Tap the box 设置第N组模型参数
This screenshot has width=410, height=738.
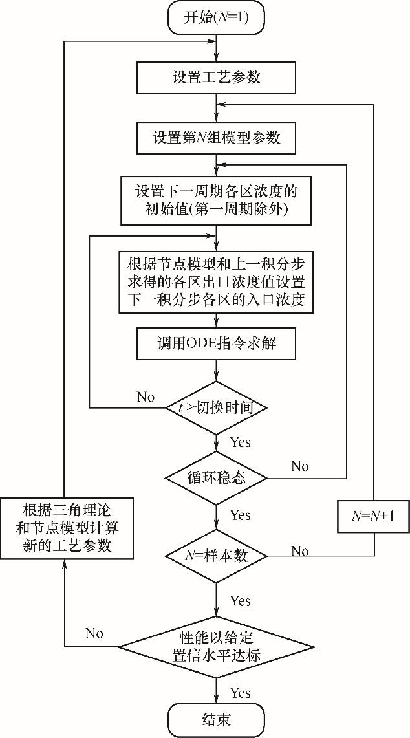(x=217, y=138)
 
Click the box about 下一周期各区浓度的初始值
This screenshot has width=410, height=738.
(x=217, y=201)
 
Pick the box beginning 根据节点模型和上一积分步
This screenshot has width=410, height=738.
(x=217, y=283)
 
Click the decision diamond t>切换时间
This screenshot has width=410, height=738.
(x=217, y=408)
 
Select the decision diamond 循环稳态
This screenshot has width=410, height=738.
(x=217, y=479)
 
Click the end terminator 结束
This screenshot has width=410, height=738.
(x=217, y=719)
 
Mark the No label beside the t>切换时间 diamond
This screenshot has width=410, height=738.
(x=146, y=397)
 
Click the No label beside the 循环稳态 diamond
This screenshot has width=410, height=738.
(x=300, y=466)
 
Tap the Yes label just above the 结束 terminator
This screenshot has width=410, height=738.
(x=240, y=693)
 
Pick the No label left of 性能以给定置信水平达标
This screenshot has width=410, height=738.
(x=95, y=633)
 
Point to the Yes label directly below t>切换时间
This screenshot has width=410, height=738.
(x=240, y=443)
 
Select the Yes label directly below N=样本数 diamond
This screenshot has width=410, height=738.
(x=240, y=602)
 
